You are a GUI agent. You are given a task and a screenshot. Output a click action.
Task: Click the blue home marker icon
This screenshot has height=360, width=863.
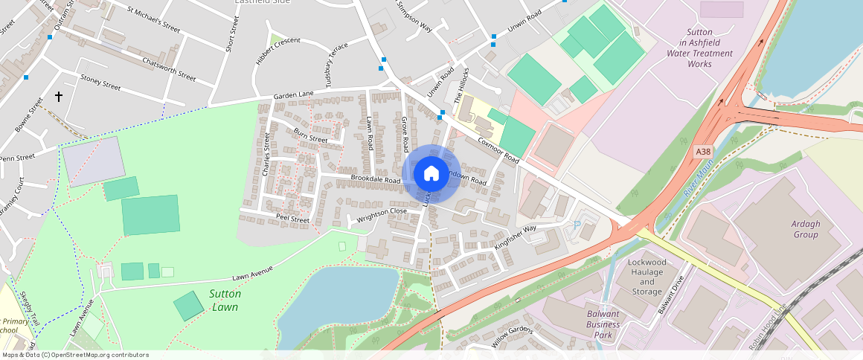(431, 174)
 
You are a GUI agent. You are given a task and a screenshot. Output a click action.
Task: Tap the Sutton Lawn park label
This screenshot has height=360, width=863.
(224, 300)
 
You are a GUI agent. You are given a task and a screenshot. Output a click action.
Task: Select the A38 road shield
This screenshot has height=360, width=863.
(703, 152)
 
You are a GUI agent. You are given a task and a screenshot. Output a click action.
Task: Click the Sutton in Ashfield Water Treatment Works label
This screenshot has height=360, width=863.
(699, 48)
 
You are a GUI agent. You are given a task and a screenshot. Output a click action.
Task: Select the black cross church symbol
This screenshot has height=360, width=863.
(59, 97)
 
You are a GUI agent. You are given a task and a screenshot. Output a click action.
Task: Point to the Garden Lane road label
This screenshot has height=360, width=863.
(293, 96)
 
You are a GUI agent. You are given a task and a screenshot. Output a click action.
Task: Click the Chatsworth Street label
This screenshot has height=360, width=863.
(169, 69)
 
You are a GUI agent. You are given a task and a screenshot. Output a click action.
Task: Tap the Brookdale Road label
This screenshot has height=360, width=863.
(376, 180)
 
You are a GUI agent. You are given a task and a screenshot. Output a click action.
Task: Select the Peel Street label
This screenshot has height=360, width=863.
(292, 220)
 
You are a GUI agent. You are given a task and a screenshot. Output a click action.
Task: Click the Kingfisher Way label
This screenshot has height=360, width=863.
(515, 237)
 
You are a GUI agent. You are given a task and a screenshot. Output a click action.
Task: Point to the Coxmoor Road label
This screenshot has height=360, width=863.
(498, 148)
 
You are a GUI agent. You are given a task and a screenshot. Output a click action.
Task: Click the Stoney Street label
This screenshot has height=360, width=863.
(100, 82)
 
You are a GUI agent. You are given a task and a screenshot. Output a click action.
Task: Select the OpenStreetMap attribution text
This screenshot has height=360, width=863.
(74, 355)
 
